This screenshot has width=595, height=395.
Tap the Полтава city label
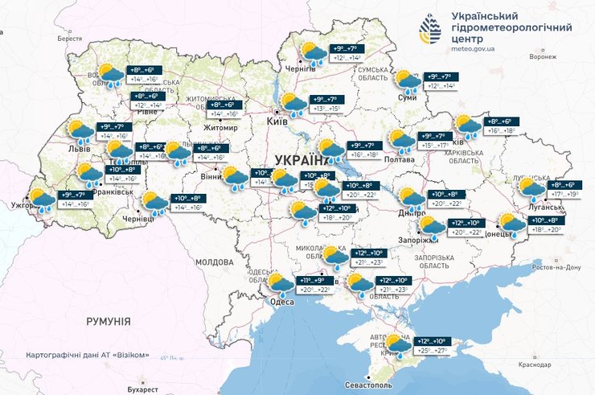click(x=400, y=159)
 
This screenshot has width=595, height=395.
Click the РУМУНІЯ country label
click(x=108, y=321)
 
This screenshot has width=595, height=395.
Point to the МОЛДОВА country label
click(x=214, y=262)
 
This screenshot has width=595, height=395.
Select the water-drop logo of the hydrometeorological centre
click(x=429, y=31)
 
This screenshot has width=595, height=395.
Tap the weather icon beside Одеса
click(x=280, y=283)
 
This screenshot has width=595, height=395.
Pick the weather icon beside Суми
click(x=406, y=80)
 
